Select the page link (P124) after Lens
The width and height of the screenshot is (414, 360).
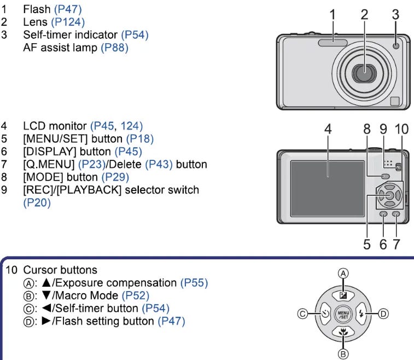[68, 22]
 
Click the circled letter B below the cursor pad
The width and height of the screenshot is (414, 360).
[344, 354]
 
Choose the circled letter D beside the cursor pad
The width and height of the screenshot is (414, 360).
[383, 313]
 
